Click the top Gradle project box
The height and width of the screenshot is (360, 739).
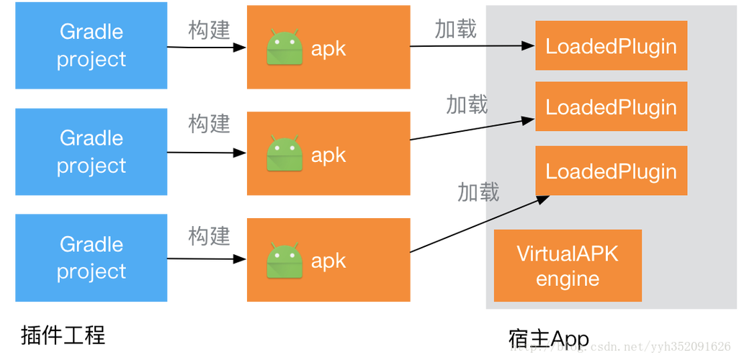(x=91, y=46)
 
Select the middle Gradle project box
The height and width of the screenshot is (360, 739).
(x=91, y=152)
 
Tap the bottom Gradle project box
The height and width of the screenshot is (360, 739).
(x=91, y=258)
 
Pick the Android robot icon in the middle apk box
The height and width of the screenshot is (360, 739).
(x=285, y=154)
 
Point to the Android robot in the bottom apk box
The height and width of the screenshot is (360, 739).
(x=285, y=261)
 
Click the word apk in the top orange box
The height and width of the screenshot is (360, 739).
(x=328, y=49)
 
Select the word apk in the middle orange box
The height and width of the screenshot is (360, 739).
(x=328, y=156)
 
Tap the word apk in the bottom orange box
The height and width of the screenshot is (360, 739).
(x=328, y=261)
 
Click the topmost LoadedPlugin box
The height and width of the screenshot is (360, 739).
(x=611, y=46)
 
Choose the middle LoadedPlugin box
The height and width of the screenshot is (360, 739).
(x=611, y=107)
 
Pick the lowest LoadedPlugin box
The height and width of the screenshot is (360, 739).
(x=611, y=171)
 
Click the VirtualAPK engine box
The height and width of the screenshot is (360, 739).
(x=568, y=266)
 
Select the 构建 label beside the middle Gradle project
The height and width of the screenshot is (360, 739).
(x=209, y=123)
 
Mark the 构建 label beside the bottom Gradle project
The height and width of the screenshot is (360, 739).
(x=209, y=235)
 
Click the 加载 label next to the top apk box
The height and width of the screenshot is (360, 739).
(x=457, y=29)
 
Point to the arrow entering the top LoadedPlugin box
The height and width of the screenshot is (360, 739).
(x=510, y=46)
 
